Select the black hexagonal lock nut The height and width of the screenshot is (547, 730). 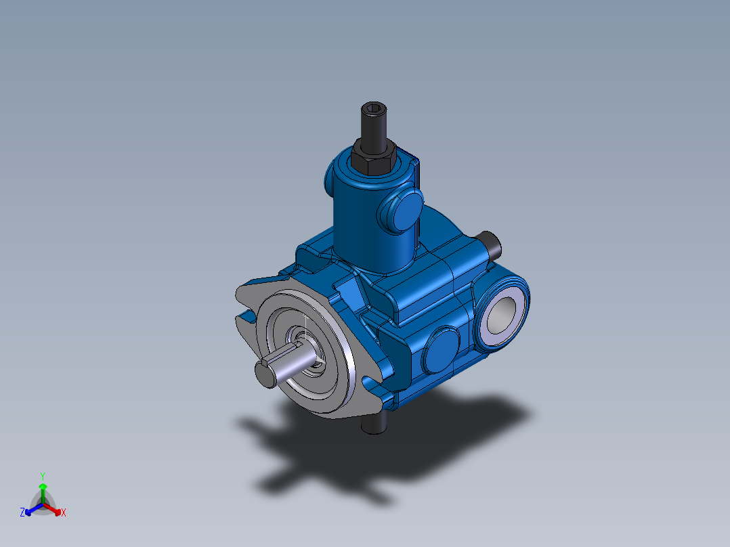[372, 156]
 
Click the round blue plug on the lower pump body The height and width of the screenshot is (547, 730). [442, 349]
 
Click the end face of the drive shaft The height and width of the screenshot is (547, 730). [265, 374]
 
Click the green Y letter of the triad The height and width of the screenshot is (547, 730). [42, 475]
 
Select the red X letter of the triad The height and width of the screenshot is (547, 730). [64, 513]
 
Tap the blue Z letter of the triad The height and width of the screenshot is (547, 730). [22, 513]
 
